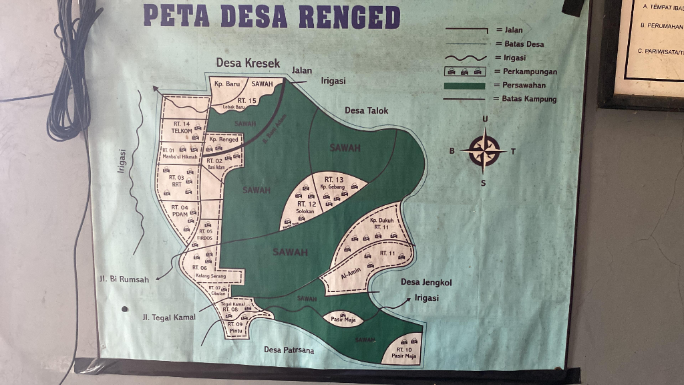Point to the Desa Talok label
pyautogui.click(x=366, y=110)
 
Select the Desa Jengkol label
pyautogui.click(x=426, y=282)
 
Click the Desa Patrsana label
pyautogui.click(x=289, y=349)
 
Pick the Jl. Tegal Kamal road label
pyautogui.click(x=168, y=317)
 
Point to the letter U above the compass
pyautogui.click(x=485, y=120)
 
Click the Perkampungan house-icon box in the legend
pyautogui.click(x=465, y=72)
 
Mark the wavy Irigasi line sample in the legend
pyautogui.click(x=465, y=58)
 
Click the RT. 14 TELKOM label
pyautogui.click(x=182, y=128)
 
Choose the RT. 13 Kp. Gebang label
pyautogui.click(x=333, y=183)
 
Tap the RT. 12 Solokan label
pyautogui.click(x=306, y=207)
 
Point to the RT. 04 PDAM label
pyautogui.click(x=180, y=211)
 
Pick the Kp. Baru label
pyautogui.click(x=227, y=84)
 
